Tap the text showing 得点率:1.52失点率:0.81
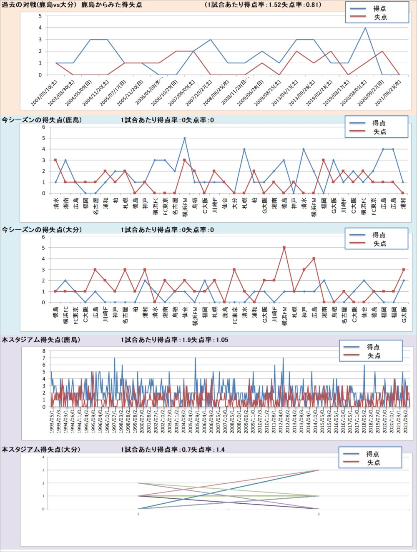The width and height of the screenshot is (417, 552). pyautogui.click(x=263, y=5)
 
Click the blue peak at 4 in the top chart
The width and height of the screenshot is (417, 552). pyautogui.click(x=365, y=28)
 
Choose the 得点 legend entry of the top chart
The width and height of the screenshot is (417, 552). pyautogui.click(x=379, y=8)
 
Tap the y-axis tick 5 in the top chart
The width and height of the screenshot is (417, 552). pyautogui.click(x=40, y=16)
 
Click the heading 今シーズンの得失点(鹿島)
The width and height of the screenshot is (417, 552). pyautogui.click(x=42, y=120)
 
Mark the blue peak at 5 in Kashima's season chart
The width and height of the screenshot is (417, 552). pyautogui.click(x=184, y=138)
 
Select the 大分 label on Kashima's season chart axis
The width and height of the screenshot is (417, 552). pyautogui.click(x=234, y=203)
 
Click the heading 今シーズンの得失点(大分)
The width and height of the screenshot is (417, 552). pyautogui.click(x=42, y=230)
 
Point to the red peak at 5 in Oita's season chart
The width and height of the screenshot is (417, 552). pyautogui.click(x=284, y=248)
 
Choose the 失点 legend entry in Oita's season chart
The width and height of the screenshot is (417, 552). pyautogui.click(x=379, y=244)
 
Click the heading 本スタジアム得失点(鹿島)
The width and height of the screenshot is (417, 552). pyautogui.click(x=41, y=340)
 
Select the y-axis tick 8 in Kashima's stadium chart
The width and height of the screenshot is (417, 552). pyautogui.click(x=44, y=351)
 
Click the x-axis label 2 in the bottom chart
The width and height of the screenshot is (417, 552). pyautogui.click(x=319, y=514)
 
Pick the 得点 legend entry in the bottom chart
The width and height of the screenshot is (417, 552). pyautogui.click(x=373, y=454)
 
